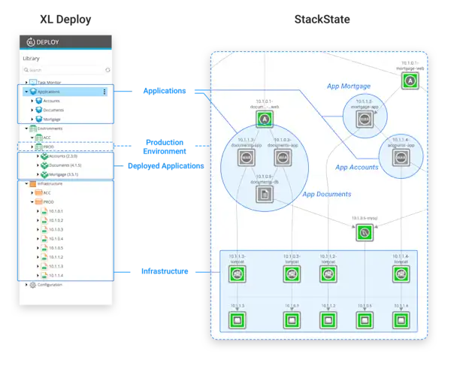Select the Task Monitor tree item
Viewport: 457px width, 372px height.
tap(53, 82)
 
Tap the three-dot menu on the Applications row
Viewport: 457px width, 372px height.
tap(104, 92)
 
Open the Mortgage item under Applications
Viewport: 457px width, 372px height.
tap(53, 119)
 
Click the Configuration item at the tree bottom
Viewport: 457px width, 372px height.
tap(50, 285)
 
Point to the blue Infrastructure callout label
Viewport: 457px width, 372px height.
tap(164, 271)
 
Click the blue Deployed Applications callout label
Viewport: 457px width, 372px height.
tap(165, 165)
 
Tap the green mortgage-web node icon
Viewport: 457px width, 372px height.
tap(410, 80)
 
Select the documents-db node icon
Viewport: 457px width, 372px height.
tap(263, 194)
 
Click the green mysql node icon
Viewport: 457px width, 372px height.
tap(364, 233)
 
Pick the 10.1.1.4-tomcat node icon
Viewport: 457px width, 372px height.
tap(401, 274)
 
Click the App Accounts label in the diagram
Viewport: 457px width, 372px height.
tap(357, 167)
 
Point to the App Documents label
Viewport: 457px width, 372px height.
tap(326, 194)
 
